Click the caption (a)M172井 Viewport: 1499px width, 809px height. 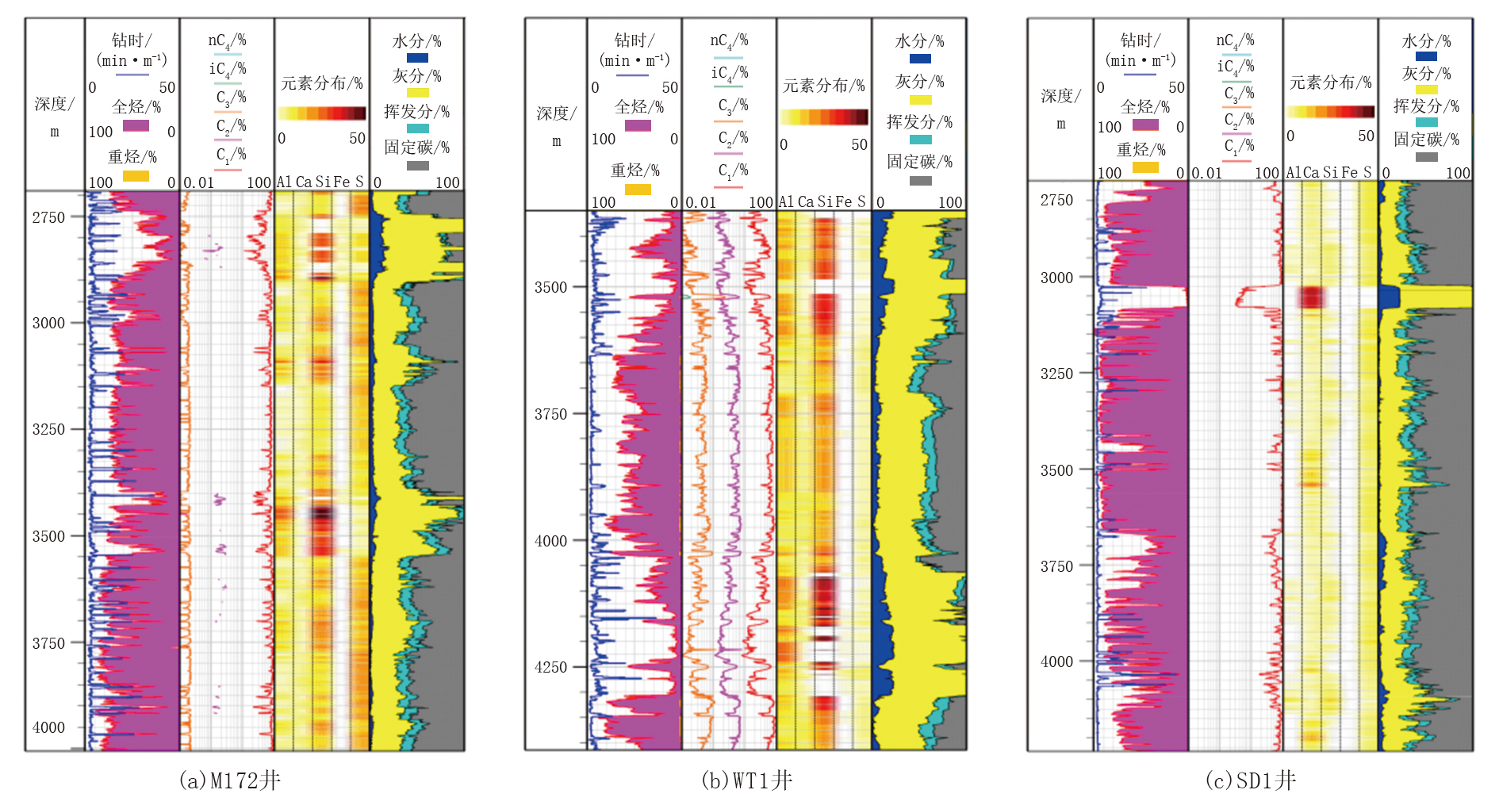(x=230, y=780)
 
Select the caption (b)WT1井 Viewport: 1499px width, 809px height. (x=746, y=780)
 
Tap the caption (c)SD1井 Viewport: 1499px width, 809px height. (x=1250, y=780)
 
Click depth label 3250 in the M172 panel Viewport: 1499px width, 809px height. (x=48, y=429)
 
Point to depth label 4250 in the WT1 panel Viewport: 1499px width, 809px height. (x=550, y=667)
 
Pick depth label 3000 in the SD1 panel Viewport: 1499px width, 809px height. (x=1056, y=278)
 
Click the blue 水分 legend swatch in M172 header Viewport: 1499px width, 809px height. (x=417, y=58)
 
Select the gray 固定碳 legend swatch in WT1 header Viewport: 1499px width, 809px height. (x=920, y=181)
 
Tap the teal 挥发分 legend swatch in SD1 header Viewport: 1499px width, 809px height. (x=1426, y=122)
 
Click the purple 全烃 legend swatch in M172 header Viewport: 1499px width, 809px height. (x=136, y=125)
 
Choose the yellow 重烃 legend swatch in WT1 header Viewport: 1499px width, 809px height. (x=638, y=190)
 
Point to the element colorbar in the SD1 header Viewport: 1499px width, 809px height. (x=1330, y=112)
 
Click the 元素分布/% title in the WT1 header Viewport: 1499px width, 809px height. (x=823, y=86)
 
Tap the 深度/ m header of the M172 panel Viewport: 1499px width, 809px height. (x=54, y=116)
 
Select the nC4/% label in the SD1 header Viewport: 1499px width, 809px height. (x=1235, y=40)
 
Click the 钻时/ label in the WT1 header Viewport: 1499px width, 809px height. (x=634, y=40)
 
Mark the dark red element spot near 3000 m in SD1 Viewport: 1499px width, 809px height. (x=1312, y=297)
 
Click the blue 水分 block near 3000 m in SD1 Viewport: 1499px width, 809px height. (x=1389, y=297)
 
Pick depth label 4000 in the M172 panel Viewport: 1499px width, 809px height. (x=48, y=727)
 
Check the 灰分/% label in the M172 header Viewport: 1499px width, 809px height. (x=417, y=76)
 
